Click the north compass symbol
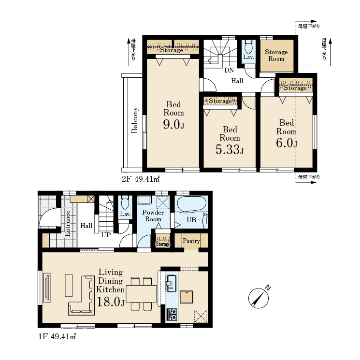point(259,298)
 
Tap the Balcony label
point(134,120)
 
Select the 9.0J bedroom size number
point(173,125)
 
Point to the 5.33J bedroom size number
point(230,149)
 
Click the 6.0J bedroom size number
point(287,143)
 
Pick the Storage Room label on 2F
point(276,56)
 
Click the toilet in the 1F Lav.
point(125,202)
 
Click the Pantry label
point(191,241)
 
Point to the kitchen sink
point(171,283)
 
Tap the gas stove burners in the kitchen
point(172,314)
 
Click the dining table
point(141,294)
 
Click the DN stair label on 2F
point(229,70)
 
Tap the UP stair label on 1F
point(106,235)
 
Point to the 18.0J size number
point(111,302)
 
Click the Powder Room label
point(153,216)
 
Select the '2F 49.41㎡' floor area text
point(141,179)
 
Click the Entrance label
point(68,223)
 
